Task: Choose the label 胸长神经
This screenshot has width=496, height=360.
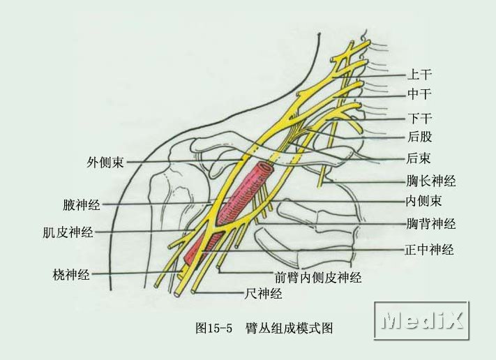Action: (431, 181)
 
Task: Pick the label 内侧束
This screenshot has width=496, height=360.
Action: (424, 202)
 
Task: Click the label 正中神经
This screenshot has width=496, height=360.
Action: (430, 249)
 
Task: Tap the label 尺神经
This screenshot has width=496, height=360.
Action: (263, 294)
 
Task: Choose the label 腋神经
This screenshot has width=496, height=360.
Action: (81, 205)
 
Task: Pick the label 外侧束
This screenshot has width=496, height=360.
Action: (105, 163)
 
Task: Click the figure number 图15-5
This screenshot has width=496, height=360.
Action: (214, 327)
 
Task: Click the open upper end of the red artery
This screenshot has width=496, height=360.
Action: (264, 170)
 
